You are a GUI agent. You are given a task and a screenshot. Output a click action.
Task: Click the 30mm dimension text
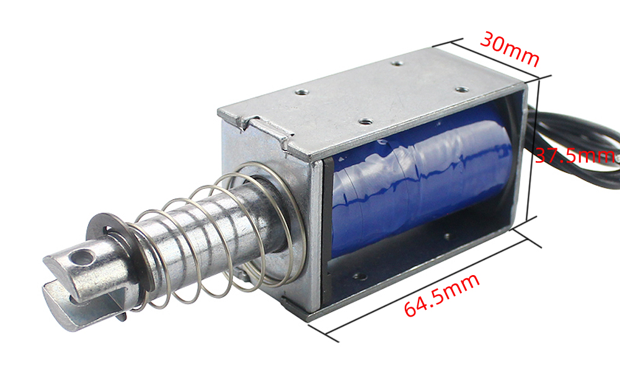pos(510,49)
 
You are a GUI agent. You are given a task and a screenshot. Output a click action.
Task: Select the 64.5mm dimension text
pos(441,296)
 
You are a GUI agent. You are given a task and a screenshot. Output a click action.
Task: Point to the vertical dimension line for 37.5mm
pos(538,149)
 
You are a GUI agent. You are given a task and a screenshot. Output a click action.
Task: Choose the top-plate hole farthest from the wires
pos(302,92)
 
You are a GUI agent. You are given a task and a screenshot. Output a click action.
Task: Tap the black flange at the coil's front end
pos(328,204)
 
